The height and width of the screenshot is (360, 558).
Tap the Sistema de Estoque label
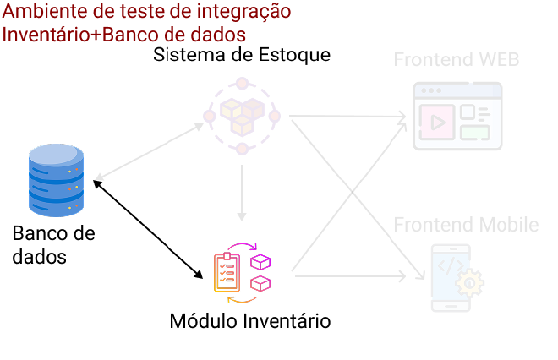tap(241, 55)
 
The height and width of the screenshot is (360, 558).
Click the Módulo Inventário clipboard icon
tap(226, 270)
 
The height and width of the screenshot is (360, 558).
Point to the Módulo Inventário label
tap(250, 321)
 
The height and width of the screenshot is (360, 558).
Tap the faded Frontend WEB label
tap(456, 61)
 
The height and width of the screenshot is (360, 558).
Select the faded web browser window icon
tap(457, 117)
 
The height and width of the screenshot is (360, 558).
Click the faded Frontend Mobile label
tap(466, 225)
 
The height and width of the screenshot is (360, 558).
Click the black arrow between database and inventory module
tap(149, 228)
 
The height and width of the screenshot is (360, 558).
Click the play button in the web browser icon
tap(437, 120)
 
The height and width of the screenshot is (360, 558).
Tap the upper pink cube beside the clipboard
tap(262, 262)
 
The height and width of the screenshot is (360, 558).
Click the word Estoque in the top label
tap(296, 55)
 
